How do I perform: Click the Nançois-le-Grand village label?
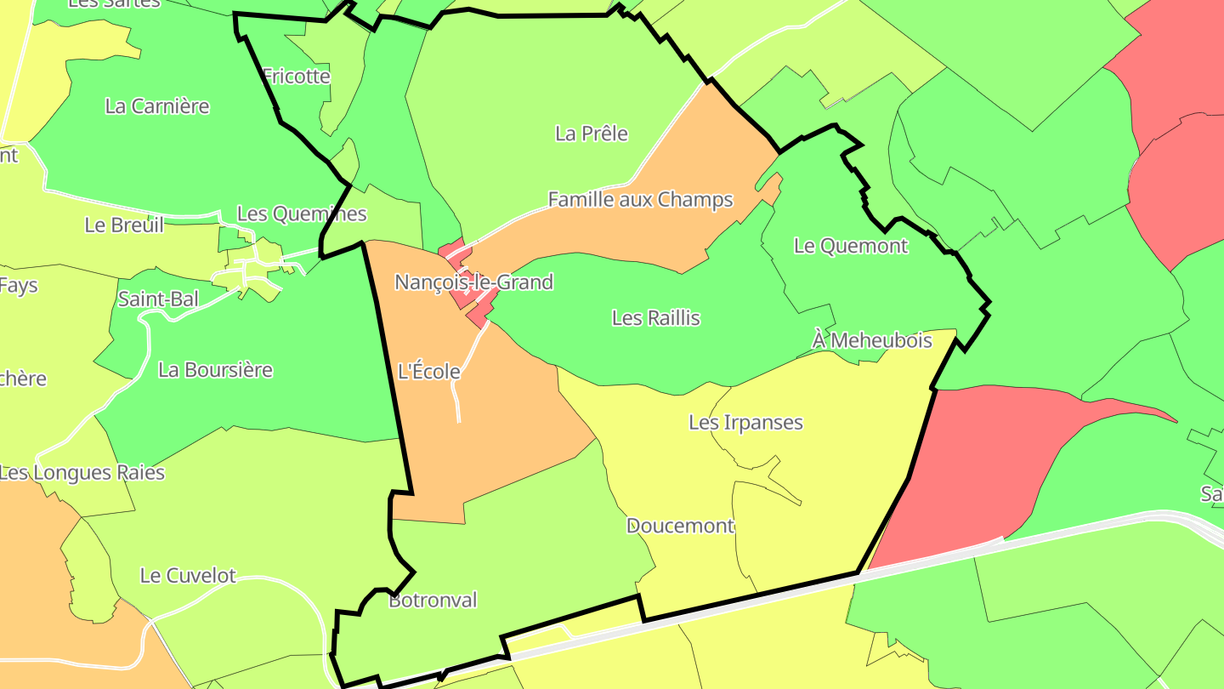click(473, 282)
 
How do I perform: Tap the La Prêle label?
click(592, 134)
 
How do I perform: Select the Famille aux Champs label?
click(640, 200)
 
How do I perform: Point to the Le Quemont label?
click(850, 246)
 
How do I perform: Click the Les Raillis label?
click(655, 318)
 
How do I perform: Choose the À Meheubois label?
click(872, 340)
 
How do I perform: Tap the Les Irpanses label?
click(745, 422)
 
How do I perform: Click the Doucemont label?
click(680, 526)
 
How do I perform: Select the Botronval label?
click(433, 601)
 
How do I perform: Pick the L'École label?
click(429, 372)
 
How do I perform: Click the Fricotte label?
click(296, 76)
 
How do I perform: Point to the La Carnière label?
click(157, 106)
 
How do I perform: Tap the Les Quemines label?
click(302, 214)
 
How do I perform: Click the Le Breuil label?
click(124, 225)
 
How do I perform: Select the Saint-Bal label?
click(158, 299)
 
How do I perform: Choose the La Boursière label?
click(215, 370)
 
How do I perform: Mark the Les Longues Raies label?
click(82, 472)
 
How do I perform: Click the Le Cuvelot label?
click(188, 576)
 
